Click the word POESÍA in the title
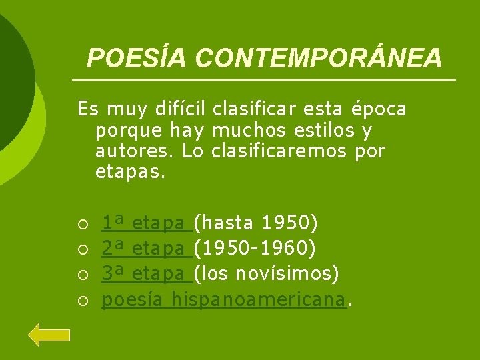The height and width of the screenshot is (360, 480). (137, 59)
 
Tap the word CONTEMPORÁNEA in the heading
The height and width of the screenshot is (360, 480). (319, 59)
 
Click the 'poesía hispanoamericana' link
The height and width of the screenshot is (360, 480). (224, 300)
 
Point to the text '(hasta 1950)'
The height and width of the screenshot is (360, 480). (255, 221)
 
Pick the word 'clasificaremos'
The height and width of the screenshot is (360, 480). (279, 151)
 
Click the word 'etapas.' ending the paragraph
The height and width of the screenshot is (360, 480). (129, 173)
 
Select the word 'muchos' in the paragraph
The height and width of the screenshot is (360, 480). (242, 129)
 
